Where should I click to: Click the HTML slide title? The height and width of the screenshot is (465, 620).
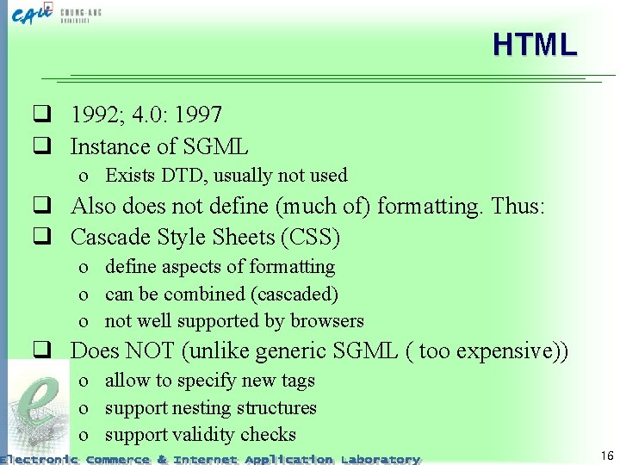click(x=534, y=45)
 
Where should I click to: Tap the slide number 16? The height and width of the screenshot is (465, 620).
click(x=607, y=456)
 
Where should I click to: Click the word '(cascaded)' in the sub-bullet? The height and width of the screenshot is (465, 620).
click(x=293, y=294)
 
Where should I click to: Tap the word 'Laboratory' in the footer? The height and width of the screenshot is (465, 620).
click(x=380, y=459)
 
